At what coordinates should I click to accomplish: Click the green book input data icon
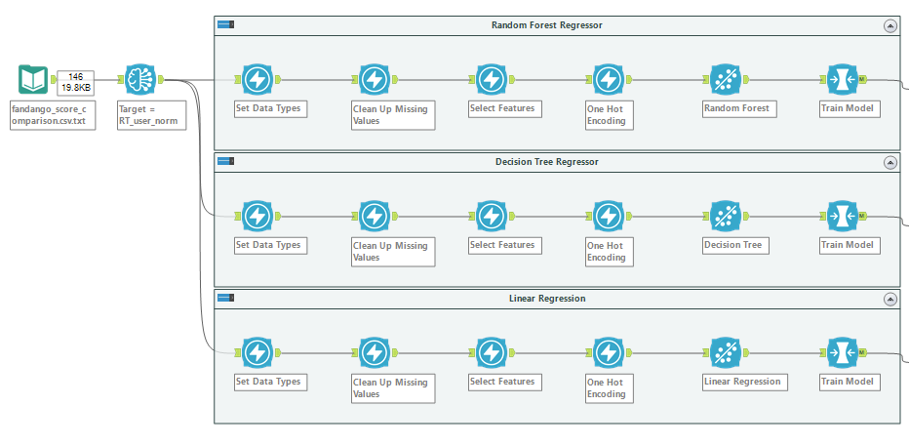pos(33,79)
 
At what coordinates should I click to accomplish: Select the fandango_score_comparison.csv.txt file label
pos(52,115)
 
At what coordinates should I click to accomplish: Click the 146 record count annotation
pos(75,76)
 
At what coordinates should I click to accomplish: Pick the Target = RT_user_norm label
pos(151,115)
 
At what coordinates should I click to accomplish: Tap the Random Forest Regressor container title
pos(547,25)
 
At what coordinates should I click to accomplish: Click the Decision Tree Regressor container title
pos(547,162)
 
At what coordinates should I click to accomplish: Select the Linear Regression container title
pos(547,299)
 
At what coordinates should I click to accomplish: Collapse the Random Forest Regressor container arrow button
pos(890,25)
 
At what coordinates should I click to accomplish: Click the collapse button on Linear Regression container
pos(890,300)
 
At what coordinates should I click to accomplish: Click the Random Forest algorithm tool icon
pos(726,79)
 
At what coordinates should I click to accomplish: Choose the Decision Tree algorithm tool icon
pos(726,217)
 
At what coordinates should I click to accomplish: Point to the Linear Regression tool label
pos(742,382)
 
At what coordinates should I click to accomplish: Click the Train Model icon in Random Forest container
pos(843,79)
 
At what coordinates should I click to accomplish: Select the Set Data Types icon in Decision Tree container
pos(257,217)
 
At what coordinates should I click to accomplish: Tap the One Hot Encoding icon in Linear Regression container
pos(609,353)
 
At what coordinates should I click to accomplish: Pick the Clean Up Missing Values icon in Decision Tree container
pos(374,217)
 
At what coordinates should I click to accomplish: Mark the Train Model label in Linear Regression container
pos(847,382)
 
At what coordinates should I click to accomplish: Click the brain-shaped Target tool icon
pos(140,79)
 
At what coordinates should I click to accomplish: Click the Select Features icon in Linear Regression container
pos(491,353)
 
